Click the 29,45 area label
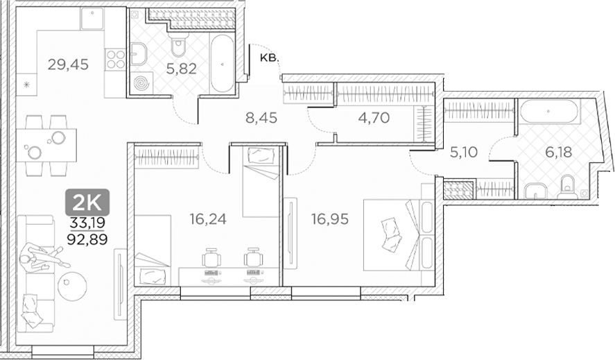(x=68, y=65)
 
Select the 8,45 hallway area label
(x=261, y=119)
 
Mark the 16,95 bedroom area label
(x=329, y=219)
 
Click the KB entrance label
(x=267, y=58)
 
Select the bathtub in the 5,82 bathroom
(x=222, y=63)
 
